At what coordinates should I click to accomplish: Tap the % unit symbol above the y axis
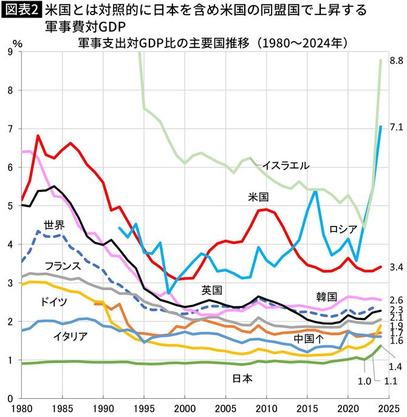pos(18,44)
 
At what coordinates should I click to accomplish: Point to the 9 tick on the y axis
pos(10,52)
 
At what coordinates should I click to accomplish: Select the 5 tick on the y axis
pos(10,206)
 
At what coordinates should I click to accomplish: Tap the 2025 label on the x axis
pos(387,409)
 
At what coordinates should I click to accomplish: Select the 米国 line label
pos(259,197)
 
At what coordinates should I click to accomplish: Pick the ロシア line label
pos(343,228)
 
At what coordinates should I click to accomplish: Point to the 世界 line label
pos(53,225)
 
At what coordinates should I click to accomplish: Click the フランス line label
pos(63,265)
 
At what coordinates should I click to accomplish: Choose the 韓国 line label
pos(326,296)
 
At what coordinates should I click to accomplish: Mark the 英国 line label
pos(213,290)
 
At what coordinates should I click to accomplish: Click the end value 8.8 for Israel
pos(396,60)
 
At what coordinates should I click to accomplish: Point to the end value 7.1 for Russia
pos(396,127)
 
